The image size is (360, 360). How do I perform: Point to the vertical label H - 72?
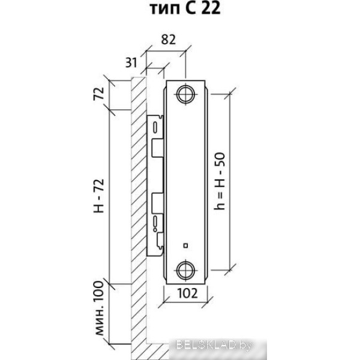click(100, 196)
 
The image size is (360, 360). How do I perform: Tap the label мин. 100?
click(100, 311)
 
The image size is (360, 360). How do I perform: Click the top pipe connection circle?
click(185, 94)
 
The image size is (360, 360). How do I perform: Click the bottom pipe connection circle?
click(185, 268)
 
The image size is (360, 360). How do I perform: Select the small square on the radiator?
click(186, 245)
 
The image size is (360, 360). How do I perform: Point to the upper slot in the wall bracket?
click(155, 128)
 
